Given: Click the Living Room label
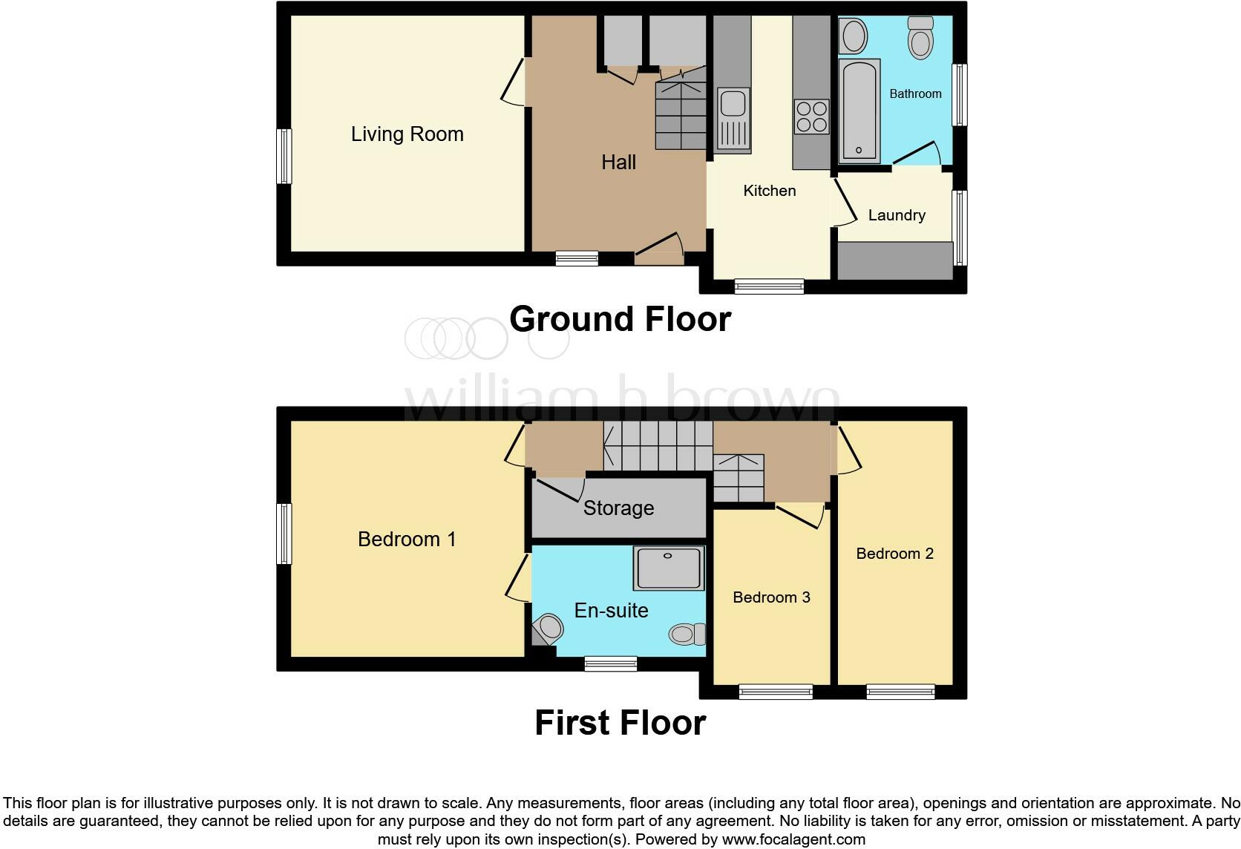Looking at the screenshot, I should coord(407,134).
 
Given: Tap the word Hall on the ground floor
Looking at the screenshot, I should coord(618,163).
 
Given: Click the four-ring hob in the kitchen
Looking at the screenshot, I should coord(811,117).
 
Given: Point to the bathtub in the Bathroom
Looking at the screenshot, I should coord(859,111).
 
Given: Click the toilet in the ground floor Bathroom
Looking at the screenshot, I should coord(920,37).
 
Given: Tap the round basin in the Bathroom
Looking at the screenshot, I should coord(854,36).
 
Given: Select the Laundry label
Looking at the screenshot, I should coord(897,215).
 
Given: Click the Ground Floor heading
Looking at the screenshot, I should coord(620,319).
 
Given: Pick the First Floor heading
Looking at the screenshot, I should coord(620,723).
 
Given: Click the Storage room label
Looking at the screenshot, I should coord(618,508).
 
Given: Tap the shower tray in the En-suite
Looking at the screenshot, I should coord(668,568).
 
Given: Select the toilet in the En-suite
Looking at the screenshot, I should coord(687,634).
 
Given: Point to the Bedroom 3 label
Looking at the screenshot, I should coord(771,597).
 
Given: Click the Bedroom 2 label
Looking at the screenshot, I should coord(894,554).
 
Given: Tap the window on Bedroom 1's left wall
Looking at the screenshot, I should coord(284,534).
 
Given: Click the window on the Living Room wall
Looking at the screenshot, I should coord(284,156).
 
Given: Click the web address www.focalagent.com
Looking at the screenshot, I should coord(793,839).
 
